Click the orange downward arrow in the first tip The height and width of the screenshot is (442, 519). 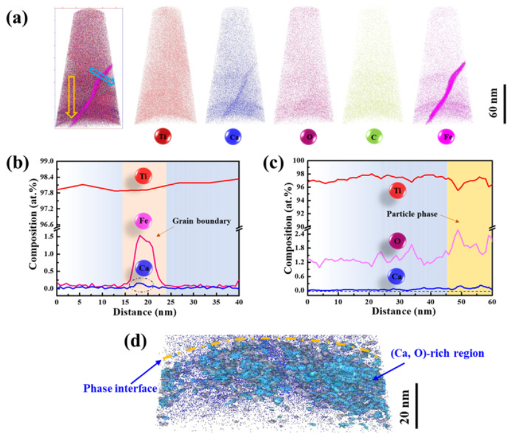71,96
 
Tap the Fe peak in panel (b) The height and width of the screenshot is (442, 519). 143,236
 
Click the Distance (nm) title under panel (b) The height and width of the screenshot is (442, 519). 147,311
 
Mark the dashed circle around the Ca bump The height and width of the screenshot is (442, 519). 144,285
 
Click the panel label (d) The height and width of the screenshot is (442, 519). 136,342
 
